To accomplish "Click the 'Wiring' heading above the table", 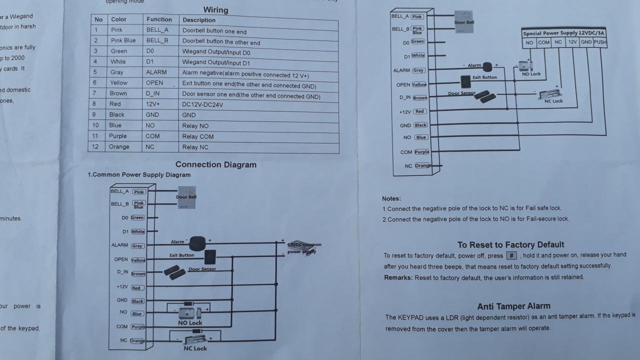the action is pos(215,10).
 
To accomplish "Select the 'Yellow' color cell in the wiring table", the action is pos(119,83).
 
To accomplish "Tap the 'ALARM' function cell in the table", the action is pos(156,72).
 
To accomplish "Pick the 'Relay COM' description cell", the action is pos(198,136).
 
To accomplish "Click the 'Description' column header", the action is pos(199,20).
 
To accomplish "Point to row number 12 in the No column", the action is pos(96,146).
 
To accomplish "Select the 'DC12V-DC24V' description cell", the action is pos(202,104).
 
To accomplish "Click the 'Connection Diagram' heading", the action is pos(215,164).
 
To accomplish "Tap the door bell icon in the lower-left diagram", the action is pos(186,197).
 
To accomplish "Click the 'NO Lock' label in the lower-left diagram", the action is pos(190,323).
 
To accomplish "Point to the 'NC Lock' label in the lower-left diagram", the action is pos(193,348).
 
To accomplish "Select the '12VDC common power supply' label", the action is pos(303,248).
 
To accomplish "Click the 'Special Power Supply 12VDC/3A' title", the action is pos(563,33).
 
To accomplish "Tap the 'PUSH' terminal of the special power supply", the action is pos(600,42).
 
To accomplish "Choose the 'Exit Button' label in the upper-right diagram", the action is pos(484,77).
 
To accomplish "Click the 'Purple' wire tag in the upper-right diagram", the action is pos(421,151).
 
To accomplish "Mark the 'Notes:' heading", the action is pos(391,198).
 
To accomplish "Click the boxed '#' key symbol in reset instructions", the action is pos(511,255).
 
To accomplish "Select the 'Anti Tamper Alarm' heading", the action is pos(513,306).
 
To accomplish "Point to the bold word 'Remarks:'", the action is pos(398,277).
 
